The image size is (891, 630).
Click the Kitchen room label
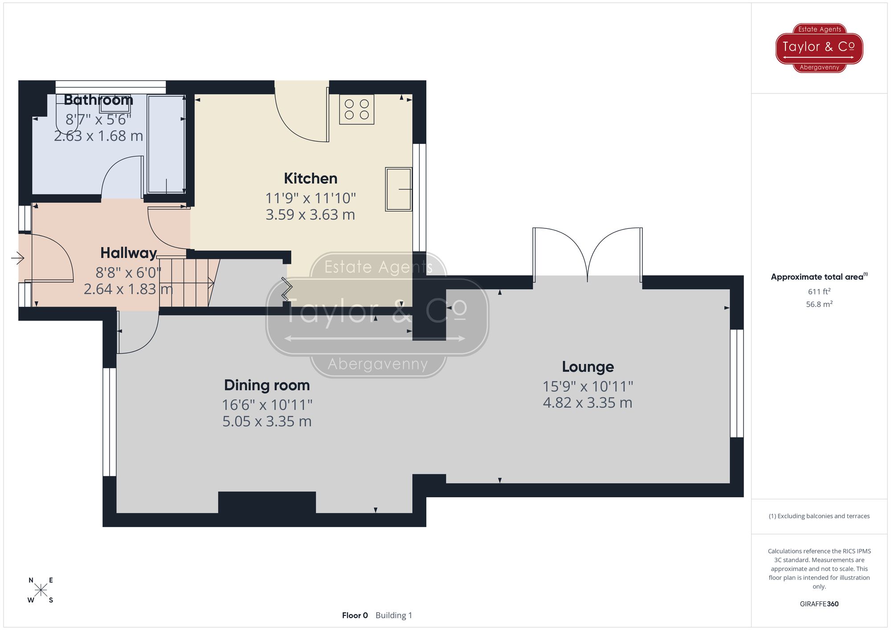click(311, 179)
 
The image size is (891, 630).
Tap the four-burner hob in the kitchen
click(356, 110)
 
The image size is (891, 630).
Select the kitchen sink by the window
click(398, 189)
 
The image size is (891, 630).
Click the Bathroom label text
click(98, 100)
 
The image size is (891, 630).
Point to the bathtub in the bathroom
click(166, 144)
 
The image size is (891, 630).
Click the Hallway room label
click(128, 253)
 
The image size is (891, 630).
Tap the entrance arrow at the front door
click(17, 258)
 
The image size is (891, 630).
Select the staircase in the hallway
click(187, 282)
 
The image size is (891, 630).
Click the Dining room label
click(267, 385)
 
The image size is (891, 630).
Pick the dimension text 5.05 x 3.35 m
click(267, 421)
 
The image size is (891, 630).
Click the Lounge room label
click(588, 367)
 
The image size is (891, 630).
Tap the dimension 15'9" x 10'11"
click(588, 386)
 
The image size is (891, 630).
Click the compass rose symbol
click(41, 590)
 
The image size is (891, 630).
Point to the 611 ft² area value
click(819, 292)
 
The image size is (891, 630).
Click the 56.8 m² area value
click(819, 305)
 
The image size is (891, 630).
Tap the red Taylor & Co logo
click(819, 48)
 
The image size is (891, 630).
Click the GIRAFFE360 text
click(819, 604)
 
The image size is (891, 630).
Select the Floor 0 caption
click(355, 615)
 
